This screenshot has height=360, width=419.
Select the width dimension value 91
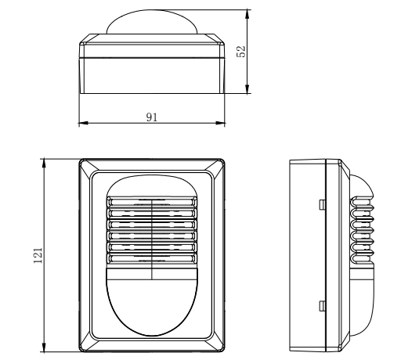[153, 116]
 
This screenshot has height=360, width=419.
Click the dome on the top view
[152, 22]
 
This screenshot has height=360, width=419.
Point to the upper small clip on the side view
[323, 204]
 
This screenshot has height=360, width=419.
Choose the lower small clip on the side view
[323, 304]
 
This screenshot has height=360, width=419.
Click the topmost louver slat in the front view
[150, 201]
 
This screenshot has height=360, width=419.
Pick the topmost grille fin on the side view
[363, 200]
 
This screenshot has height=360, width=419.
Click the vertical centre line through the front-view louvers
[150, 235]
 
